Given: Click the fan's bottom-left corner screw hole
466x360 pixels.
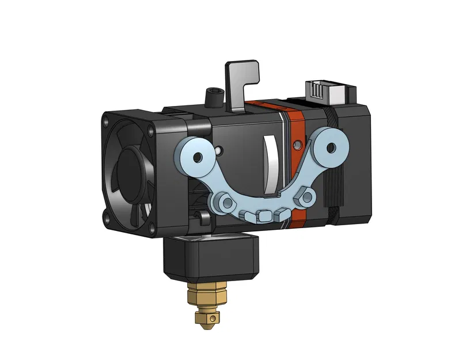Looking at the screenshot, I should pos(108,217).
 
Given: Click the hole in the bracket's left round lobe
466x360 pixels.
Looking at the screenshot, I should pos(199,157).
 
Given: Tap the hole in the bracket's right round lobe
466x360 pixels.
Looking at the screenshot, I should pos(331,147).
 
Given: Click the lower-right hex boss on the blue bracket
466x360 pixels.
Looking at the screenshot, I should pos(307,198).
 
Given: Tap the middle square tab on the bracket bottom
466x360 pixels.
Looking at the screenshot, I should pos(266,215).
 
